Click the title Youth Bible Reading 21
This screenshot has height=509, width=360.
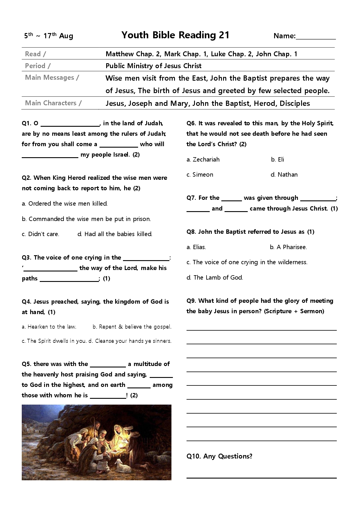coord(175,35)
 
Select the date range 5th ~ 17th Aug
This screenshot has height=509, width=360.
coord(49,36)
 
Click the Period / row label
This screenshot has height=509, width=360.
coord(38,66)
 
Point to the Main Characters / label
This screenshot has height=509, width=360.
coord(53,103)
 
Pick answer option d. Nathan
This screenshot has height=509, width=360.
coord(284,175)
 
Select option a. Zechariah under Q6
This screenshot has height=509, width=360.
coord(203,160)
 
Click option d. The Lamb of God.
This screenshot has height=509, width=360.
coord(215,278)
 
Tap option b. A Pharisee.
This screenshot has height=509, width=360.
coord(288,247)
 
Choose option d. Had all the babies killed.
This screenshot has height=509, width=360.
coord(115,234)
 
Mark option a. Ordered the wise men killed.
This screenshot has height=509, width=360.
coord(65,204)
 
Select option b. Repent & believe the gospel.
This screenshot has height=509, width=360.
coord(132,327)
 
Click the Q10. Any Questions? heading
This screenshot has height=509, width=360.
coord(219,456)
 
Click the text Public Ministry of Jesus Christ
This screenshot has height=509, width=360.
coord(153,66)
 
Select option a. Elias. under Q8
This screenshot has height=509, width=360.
coord(196,247)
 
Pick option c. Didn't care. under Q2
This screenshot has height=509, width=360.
coord(41,234)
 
